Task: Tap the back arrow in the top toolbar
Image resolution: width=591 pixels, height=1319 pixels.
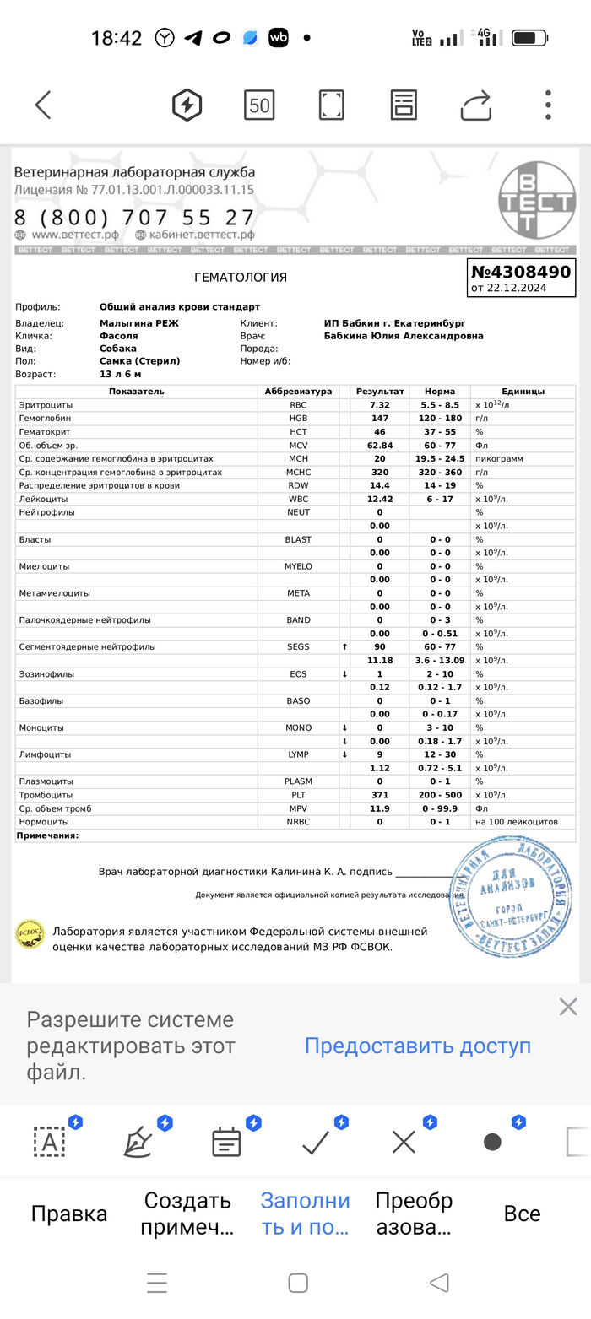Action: pyautogui.click(x=43, y=105)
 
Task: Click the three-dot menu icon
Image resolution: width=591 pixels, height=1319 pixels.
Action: pyautogui.click(x=548, y=105)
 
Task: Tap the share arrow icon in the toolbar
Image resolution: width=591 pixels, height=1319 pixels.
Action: pyautogui.click(x=476, y=105)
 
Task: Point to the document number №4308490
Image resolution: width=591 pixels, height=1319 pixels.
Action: pyautogui.click(x=521, y=272)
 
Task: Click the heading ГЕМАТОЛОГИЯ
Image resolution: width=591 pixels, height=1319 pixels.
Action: pyautogui.click(x=241, y=278)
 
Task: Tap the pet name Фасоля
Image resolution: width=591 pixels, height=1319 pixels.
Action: pyautogui.click(x=118, y=336)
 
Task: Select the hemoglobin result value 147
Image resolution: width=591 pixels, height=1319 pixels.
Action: pyautogui.click(x=380, y=418)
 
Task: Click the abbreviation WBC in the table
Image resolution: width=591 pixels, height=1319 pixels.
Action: pyautogui.click(x=299, y=499)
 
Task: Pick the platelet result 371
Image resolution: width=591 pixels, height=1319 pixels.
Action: pyautogui.click(x=380, y=795)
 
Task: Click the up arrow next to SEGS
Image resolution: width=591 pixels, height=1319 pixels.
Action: pyautogui.click(x=344, y=646)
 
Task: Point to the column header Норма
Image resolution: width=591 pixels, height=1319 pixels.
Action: pyautogui.click(x=440, y=392)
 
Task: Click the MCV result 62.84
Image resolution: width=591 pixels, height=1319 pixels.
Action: pyautogui.click(x=380, y=445)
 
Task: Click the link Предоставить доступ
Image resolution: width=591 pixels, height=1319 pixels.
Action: pyautogui.click(x=417, y=1046)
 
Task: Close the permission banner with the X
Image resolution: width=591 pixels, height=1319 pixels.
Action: pyautogui.click(x=568, y=1006)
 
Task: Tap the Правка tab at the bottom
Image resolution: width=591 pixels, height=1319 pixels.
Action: pyautogui.click(x=69, y=1214)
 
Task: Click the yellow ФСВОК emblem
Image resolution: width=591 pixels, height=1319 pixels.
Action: pyautogui.click(x=30, y=933)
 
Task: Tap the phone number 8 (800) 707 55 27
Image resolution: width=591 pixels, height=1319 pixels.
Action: pyautogui.click(x=134, y=217)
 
